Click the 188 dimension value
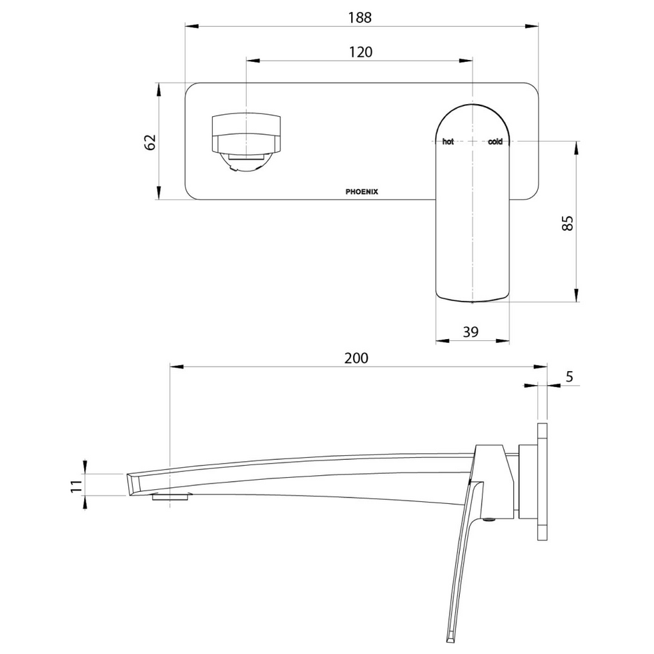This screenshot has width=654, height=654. point(360,17)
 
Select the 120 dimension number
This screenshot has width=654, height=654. point(360,52)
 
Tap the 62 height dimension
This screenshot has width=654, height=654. point(151,142)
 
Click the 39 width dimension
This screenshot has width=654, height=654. point(471,331)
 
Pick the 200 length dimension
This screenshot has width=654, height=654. point(356,358)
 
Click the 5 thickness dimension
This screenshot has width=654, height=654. point(570,377)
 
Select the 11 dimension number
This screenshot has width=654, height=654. point(77,485)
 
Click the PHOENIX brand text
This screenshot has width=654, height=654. point(361,191)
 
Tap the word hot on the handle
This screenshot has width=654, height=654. point(448,142)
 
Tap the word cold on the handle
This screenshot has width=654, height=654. point(496,142)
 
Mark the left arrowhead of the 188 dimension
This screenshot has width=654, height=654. point(190,26)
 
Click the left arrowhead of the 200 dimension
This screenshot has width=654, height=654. point(174,367)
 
